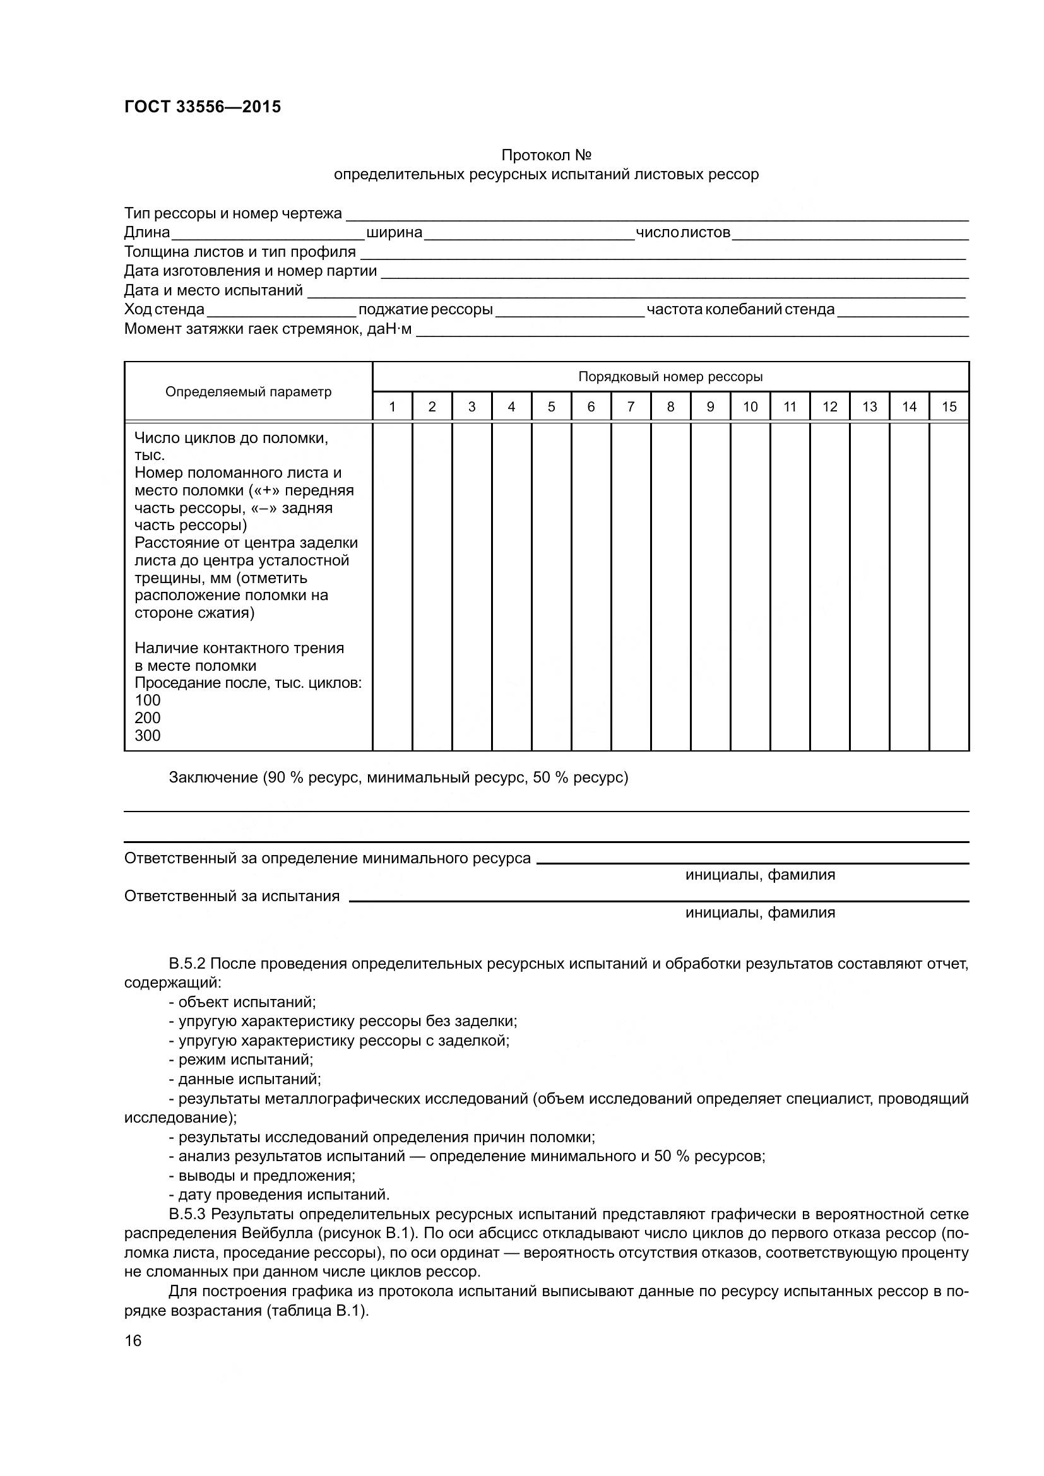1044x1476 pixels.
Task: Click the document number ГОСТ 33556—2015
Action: pos(203,107)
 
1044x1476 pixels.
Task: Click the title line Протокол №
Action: pos(546,156)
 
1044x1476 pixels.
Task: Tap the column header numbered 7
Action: pos(631,407)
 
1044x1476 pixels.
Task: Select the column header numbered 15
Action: pos(949,407)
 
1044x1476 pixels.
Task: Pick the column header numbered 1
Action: pos(392,407)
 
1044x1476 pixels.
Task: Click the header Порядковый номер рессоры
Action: pos(670,377)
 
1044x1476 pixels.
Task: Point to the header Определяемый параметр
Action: pos(248,392)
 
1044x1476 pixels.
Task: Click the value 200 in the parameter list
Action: pos(147,718)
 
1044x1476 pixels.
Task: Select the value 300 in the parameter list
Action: pos(147,736)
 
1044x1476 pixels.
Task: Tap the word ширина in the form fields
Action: pos(394,233)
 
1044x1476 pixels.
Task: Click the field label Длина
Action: pos(146,233)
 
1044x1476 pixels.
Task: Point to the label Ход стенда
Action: pos(164,310)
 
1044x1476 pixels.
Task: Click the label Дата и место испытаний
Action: pos(213,290)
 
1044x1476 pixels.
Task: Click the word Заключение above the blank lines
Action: pos(213,778)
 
